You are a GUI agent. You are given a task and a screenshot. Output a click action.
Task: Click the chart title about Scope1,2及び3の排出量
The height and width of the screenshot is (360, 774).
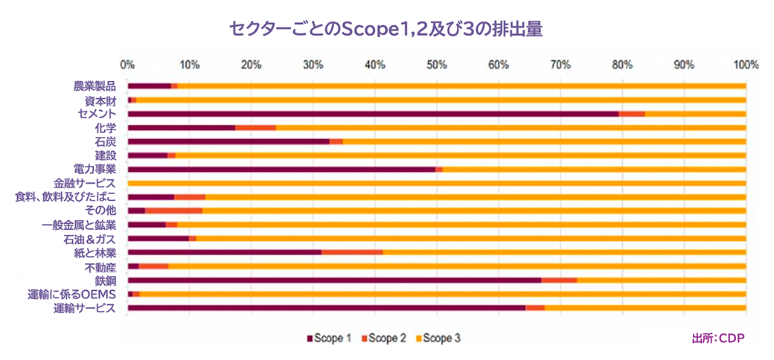click(386, 29)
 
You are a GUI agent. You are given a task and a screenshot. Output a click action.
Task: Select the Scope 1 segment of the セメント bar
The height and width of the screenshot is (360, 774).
click(372, 114)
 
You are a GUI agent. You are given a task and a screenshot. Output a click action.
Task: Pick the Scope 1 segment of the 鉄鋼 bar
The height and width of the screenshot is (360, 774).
click(334, 280)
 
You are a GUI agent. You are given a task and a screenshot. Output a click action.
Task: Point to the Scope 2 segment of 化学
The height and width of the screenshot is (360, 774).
click(255, 128)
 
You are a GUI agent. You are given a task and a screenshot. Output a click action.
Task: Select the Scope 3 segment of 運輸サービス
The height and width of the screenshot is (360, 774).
click(645, 308)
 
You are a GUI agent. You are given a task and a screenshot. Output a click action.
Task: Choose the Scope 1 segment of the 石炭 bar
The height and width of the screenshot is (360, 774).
click(228, 141)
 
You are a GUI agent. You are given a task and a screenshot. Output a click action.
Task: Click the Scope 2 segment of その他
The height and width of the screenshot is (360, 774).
click(173, 211)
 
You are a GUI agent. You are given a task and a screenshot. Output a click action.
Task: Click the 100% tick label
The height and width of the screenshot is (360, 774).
click(745, 65)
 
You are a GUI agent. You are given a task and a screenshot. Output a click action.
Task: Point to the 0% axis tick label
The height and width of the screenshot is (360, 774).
click(127, 65)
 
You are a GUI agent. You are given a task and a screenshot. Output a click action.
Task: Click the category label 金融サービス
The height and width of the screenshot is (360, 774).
click(84, 183)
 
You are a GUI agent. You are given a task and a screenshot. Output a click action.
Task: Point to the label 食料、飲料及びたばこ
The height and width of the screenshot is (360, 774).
click(65, 197)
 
